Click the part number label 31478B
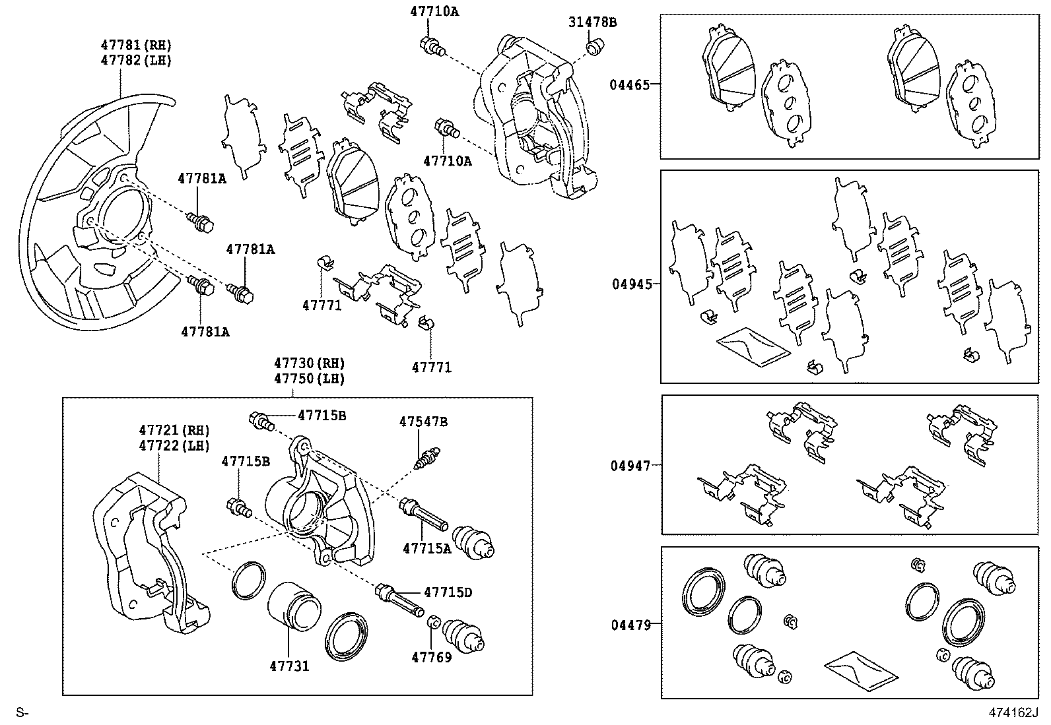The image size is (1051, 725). (x=592, y=22)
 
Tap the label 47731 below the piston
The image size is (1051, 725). (x=289, y=666)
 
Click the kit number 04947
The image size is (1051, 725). (x=630, y=466)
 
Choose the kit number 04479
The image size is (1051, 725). (x=630, y=624)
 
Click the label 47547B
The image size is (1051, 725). (x=423, y=421)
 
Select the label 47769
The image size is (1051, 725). (x=432, y=657)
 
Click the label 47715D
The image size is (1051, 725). (x=448, y=592)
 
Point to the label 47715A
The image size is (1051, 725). (x=426, y=548)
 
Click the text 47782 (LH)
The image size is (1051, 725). (x=136, y=60)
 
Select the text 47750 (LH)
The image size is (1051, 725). (x=310, y=379)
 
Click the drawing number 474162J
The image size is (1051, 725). (x=1013, y=713)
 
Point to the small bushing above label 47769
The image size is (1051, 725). (x=433, y=622)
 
